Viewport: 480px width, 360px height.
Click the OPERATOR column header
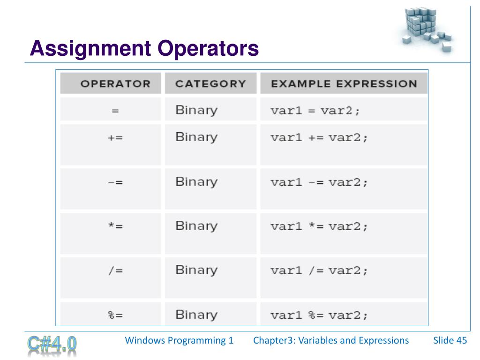115,84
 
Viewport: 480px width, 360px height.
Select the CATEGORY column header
210,84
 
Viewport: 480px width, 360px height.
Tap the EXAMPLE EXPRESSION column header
344,84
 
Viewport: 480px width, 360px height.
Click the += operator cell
115,139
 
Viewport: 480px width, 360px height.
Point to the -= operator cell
115,183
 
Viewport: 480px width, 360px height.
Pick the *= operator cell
115,227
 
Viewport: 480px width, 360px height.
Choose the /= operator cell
115,271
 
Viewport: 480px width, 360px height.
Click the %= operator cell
115,315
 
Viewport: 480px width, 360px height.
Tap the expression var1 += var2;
319,138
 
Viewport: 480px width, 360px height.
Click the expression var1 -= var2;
319,182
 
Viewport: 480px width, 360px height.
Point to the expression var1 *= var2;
319,227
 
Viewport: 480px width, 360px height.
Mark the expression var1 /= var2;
319,271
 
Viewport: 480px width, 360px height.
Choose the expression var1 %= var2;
319,315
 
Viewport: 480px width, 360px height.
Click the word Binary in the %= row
196,315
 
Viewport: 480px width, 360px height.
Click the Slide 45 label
450,340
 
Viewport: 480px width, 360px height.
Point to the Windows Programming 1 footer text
179,340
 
